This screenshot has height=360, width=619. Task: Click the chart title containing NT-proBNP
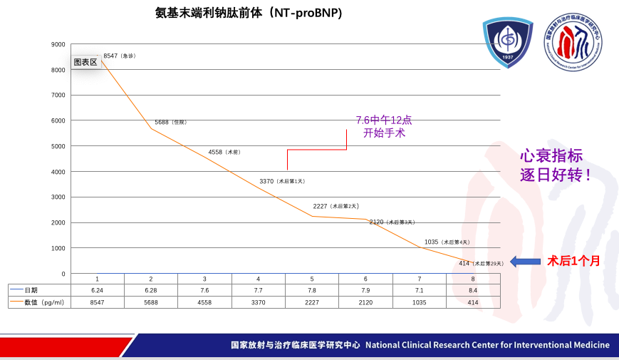pos(249,14)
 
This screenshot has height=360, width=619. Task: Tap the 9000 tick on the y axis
pos(58,44)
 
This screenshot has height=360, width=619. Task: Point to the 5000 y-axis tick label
pos(58,146)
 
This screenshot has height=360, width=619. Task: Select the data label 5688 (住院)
pos(170,122)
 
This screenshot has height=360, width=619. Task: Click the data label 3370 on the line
pos(282,181)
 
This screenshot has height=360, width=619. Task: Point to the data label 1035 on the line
pos(447,242)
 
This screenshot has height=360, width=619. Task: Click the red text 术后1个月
pos(573,261)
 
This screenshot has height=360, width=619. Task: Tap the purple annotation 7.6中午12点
pos(384,120)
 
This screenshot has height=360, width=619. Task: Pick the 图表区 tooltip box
pos(85,62)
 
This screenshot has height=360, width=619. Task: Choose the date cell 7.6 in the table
pos(204,290)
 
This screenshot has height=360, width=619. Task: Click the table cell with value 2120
pos(365,303)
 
